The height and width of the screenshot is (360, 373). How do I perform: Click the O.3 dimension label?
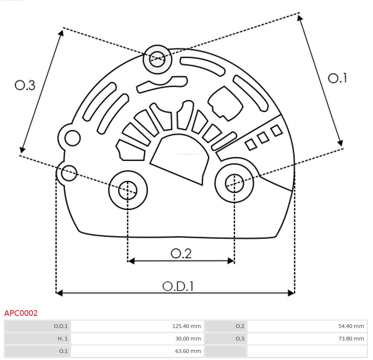tap(25, 85)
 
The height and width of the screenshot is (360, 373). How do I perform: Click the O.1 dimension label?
tap(337, 78)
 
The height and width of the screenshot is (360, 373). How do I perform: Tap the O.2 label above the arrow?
tap(181, 253)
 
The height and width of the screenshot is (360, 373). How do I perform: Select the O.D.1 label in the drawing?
tap(178, 286)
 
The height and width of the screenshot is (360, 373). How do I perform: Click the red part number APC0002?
tap(21, 313)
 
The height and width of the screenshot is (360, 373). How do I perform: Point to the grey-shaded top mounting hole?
tap(157, 59)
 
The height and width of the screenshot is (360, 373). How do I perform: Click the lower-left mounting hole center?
tap(128, 190)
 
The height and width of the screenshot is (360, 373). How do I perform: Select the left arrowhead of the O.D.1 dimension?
tap(59, 293)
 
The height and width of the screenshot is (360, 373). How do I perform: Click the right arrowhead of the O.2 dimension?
tap(231, 261)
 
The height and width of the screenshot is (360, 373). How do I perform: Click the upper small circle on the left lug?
tap(72, 138)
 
